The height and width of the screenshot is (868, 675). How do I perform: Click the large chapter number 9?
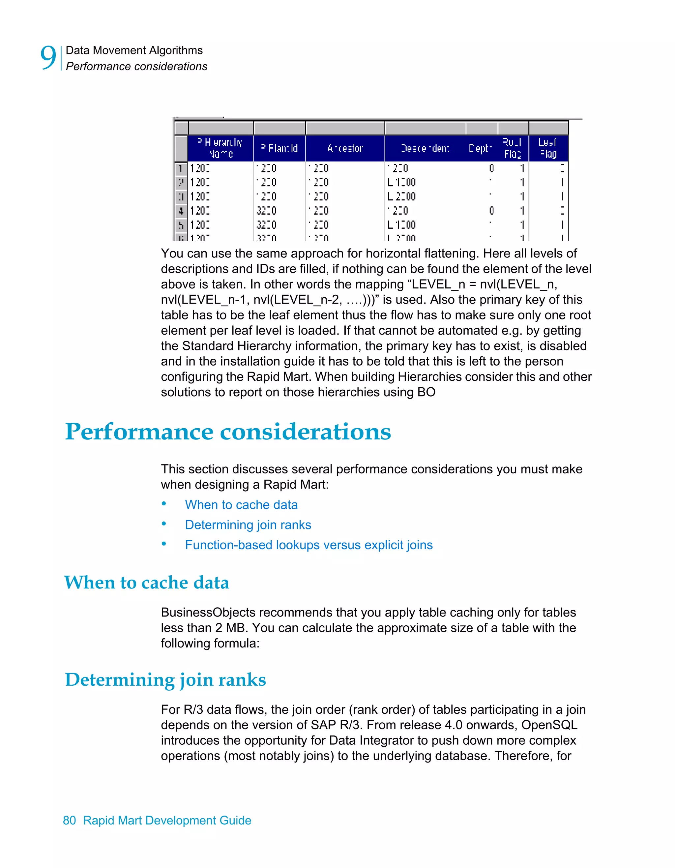pyautogui.click(x=48, y=58)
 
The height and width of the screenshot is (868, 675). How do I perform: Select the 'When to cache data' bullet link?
pyautogui.click(x=241, y=505)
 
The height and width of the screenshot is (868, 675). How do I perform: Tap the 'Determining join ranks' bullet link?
pyautogui.click(x=248, y=525)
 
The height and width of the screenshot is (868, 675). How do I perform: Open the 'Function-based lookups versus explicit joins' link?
pyautogui.click(x=309, y=545)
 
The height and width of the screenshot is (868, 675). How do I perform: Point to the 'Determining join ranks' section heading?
pyautogui.click(x=165, y=680)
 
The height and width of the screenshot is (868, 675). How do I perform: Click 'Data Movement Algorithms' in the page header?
pyautogui.click(x=134, y=50)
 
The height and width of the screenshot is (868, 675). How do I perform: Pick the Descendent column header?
pyautogui.click(x=425, y=148)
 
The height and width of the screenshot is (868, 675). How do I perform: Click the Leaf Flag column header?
pyautogui.click(x=548, y=148)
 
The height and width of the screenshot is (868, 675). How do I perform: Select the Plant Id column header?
pyautogui.click(x=279, y=148)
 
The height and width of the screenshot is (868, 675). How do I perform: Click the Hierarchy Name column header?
pyautogui.click(x=220, y=148)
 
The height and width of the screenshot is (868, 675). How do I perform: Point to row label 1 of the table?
pyautogui.click(x=181, y=168)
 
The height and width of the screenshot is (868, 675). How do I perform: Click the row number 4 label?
pyautogui.click(x=181, y=211)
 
